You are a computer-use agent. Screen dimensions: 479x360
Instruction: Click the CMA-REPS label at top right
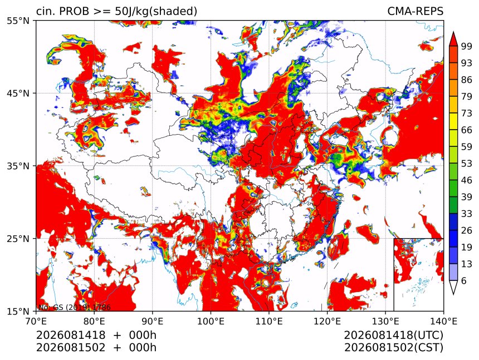pyautogui.click(x=415, y=11)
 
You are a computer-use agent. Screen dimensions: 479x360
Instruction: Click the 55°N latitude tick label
pyautogui.click(x=18, y=21)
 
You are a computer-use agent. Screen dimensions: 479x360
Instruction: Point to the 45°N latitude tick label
pyautogui.click(x=18, y=93)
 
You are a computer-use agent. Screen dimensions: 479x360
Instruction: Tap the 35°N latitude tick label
pyautogui.click(x=18, y=166)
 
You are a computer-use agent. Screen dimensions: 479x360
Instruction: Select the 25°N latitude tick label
pyautogui.click(x=18, y=238)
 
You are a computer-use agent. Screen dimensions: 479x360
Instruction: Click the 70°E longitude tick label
pyautogui.click(x=36, y=321)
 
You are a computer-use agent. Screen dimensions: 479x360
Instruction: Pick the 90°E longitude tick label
pyautogui.click(x=153, y=321)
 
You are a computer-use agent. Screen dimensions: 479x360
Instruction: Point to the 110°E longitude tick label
pyautogui.click(x=269, y=321)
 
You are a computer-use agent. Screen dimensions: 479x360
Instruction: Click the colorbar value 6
pyautogui.click(x=464, y=280)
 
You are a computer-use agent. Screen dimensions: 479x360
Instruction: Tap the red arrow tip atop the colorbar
pyautogui.click(x=453, y=32)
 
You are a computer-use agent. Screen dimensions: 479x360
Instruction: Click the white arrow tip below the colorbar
pyautogui.click(x=453, y=294)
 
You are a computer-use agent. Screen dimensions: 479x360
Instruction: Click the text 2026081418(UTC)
pyautogui.click(x=393, y=335)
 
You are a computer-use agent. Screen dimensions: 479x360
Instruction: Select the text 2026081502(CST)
pyautogui.click(x=393, y=348)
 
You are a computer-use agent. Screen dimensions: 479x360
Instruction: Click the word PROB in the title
pyautogui.click(x=74, y=11)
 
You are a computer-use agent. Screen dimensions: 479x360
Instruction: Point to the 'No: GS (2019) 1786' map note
pyautogui.click(x=74, y=307)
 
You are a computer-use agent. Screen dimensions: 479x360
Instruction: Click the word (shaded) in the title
pyautogui.click(x=174, y=12)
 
